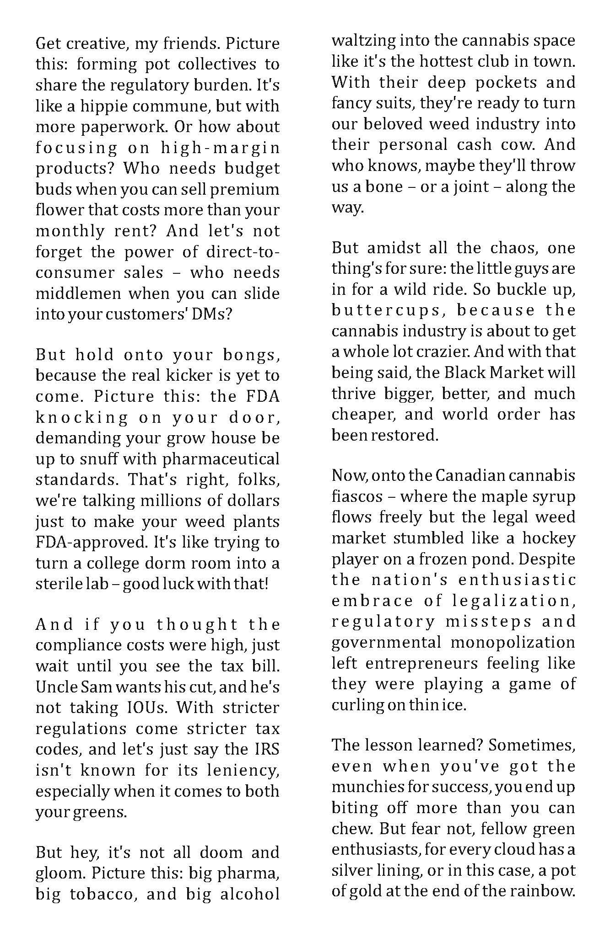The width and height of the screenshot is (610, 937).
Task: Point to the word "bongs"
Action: point(248,355)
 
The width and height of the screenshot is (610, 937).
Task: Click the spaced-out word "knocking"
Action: point(82,417)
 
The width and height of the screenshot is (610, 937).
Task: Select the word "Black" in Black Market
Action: point(464,373)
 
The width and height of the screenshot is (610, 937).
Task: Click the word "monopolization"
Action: point(513,642)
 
